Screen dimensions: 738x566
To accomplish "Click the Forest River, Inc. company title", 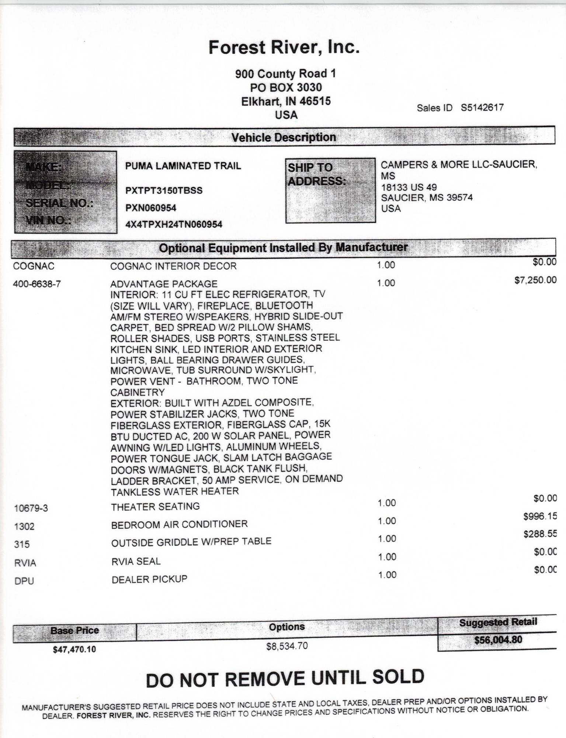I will [x=284, y=47].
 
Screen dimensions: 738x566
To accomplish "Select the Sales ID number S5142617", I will [x=482, y=108].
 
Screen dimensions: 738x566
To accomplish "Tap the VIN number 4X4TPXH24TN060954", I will [x=174, y=224].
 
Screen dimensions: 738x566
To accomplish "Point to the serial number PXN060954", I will [x=151, y=208].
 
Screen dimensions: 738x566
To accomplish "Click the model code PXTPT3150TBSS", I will [x=164, y=191].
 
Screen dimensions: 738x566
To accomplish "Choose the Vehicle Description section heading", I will [x=284, y=138].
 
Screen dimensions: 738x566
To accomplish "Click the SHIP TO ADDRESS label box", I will [x=330, y=190].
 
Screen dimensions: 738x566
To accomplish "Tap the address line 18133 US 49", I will [x=409, y=187].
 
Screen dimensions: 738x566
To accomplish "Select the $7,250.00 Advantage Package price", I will [x=535, y=280].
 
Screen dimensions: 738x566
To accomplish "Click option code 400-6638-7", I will [x=37, y=284].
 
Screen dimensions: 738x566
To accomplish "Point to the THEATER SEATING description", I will [x=155, y=507].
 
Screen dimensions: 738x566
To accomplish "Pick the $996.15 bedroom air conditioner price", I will [x=540, y=516].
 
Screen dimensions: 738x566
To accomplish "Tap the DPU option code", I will [x=24, y=581].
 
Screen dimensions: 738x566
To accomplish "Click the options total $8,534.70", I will [x=287, y=646].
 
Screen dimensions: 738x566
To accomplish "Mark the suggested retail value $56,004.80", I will [x=498, y=640].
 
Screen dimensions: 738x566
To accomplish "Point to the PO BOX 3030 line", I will [x=286, y=87].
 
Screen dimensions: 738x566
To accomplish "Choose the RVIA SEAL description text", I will [x=136, y=562].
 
